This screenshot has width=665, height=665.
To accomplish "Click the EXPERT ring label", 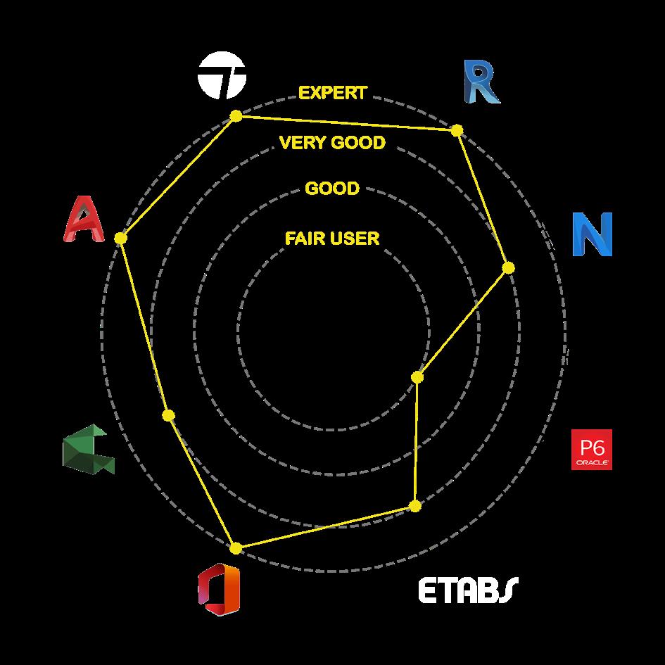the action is (332, 93).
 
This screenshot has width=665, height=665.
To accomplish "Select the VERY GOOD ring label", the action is (332, 143).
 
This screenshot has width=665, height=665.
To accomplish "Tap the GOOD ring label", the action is (332, 189).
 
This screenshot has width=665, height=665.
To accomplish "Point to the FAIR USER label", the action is (332, 239).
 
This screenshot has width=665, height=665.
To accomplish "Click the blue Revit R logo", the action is (481, 81).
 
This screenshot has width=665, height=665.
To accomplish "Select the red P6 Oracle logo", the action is (591, 449).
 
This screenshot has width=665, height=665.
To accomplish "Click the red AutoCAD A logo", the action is (84, 219).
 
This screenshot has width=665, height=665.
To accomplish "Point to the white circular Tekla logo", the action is (222, 77).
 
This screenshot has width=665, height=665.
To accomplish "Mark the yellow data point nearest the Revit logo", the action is (457, 130).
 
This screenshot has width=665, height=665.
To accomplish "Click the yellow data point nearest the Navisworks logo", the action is (508, 267).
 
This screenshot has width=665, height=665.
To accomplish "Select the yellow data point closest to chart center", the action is (417, 378).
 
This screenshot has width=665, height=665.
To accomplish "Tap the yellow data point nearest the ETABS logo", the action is (415, 505).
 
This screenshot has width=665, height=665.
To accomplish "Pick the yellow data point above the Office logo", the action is (236, 547).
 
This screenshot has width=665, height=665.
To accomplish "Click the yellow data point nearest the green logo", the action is (168, 416).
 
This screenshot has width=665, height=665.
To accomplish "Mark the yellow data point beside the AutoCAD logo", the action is (120, 239).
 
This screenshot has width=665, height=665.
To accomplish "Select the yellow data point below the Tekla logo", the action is (236, 115).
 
